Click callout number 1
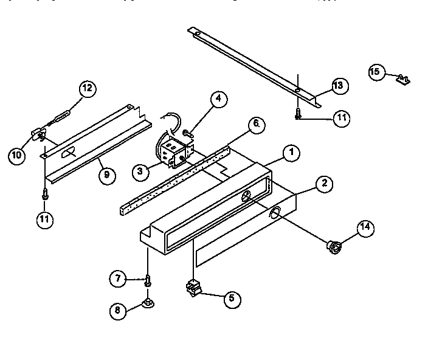[292, 153]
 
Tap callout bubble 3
[141, 172]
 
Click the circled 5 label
[231, 299]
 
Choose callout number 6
[256, 124]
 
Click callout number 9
[106, 176]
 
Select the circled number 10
[18, 155]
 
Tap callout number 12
[87, 89]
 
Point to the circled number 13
[339, 85]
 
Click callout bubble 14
[365, 229]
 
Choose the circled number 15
[375, 72]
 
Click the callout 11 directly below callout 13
[341, 118]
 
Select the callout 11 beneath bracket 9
[44, 220]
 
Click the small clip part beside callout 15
[402, 78]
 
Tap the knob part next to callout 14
[333, 246]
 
